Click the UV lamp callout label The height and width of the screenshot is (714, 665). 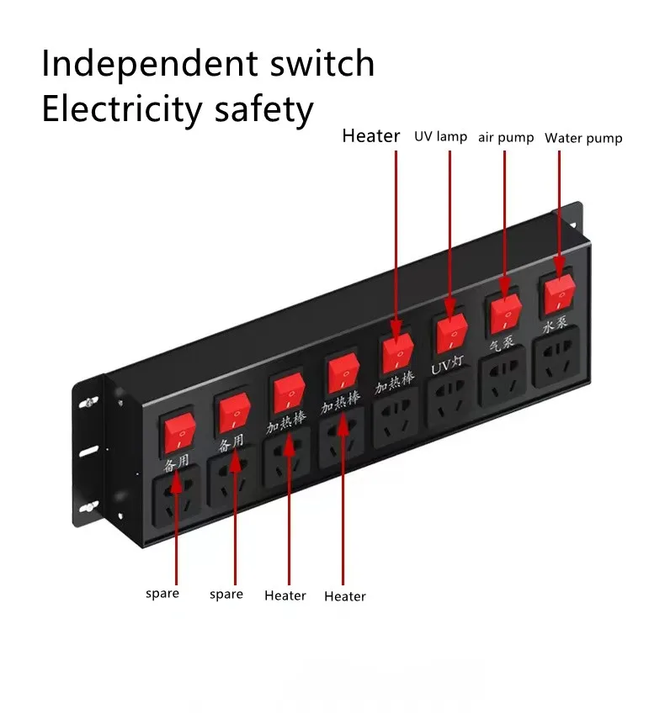440,136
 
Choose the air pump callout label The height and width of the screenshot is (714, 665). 506,137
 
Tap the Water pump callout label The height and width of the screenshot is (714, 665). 583,138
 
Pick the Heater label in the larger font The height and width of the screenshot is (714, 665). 371,136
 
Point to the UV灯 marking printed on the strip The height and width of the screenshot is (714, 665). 448,368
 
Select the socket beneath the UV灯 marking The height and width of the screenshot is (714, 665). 450,399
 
